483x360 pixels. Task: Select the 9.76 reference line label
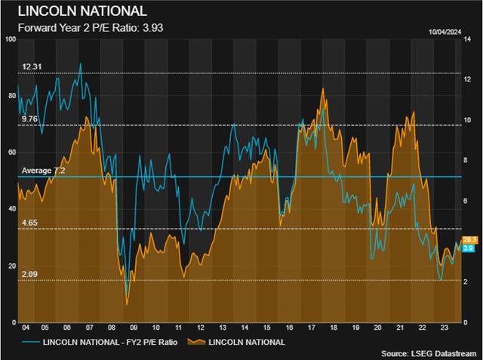point(29,119)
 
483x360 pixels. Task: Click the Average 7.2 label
point(44,171)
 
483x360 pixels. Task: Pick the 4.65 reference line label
point(29,223)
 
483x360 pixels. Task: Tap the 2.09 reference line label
point(29,275)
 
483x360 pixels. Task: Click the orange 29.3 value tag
point(467,240)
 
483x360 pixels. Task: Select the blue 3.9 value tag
point(467,248)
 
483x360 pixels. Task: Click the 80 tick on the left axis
point(11,96)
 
